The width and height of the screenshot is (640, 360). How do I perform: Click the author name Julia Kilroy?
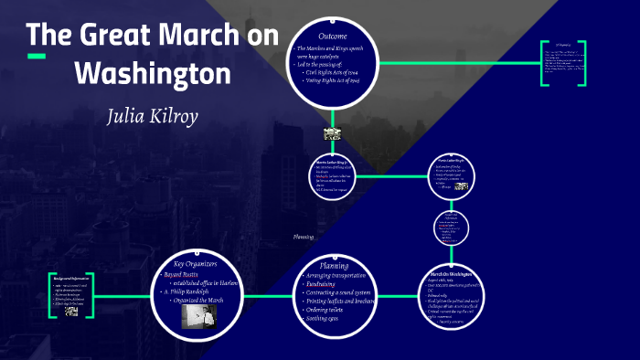coord(152,117)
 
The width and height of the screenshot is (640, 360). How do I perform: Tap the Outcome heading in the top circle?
coord(332,35)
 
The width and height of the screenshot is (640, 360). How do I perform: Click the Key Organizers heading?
coord(194,263)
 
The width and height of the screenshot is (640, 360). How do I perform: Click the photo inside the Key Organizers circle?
coord(198,315)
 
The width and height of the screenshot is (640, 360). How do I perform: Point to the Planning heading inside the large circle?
coord(334,266)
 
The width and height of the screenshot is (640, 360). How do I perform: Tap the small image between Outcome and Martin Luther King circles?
coord(332,133)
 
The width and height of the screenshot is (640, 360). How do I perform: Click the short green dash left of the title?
coord(37,57)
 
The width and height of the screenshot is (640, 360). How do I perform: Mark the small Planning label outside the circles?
coord(303,237)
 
